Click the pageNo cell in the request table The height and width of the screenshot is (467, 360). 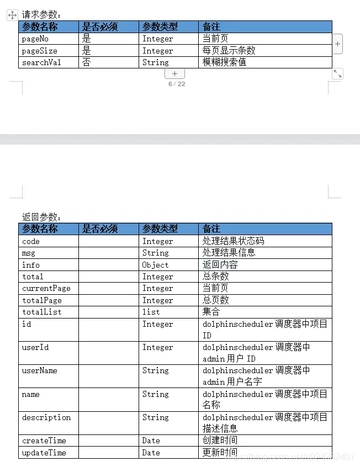(36, 39)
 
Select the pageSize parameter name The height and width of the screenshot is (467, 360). (39, 51)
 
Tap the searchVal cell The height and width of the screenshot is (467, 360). (41, 62)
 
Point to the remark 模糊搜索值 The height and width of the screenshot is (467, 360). (224, 62)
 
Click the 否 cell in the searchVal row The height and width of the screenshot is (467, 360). (87, 62)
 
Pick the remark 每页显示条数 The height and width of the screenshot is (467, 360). (229, 51)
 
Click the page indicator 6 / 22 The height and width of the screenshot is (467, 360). (177, 84)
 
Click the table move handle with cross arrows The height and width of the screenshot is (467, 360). (12, 15)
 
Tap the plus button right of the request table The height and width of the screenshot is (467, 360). (337, 44)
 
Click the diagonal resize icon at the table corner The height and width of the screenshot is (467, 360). (337, 73)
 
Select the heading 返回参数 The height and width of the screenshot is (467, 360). (41, 217)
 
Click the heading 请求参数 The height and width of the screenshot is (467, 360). (41, 15)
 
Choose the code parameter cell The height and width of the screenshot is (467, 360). (31, 241)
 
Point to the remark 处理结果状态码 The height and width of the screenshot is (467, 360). (233, 241)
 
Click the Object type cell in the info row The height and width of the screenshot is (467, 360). (155, 265)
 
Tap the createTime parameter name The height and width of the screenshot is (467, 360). (44, 441)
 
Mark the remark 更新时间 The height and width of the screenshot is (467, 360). (220, 453)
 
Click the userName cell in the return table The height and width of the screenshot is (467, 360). (39, 370)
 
